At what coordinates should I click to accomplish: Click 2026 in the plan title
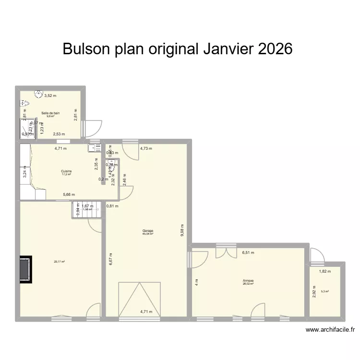tap(275, 49)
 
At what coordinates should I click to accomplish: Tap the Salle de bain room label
tap(50, 113)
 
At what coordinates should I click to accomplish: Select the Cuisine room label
tap(66, 171)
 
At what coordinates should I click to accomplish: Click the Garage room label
tap(147, 231)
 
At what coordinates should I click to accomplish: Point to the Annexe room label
tap(248, 281)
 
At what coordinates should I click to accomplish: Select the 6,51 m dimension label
tap(248, 252)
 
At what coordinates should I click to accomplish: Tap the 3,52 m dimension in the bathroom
tap(50, 96)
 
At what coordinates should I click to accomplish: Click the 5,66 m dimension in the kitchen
tap(70, 194)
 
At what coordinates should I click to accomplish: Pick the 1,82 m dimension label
tap(325, 272)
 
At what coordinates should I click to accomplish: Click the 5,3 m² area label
tap(325, 291)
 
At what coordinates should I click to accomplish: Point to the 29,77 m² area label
tap(60, 262)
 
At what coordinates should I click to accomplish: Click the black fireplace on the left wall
tap(26, 269)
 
